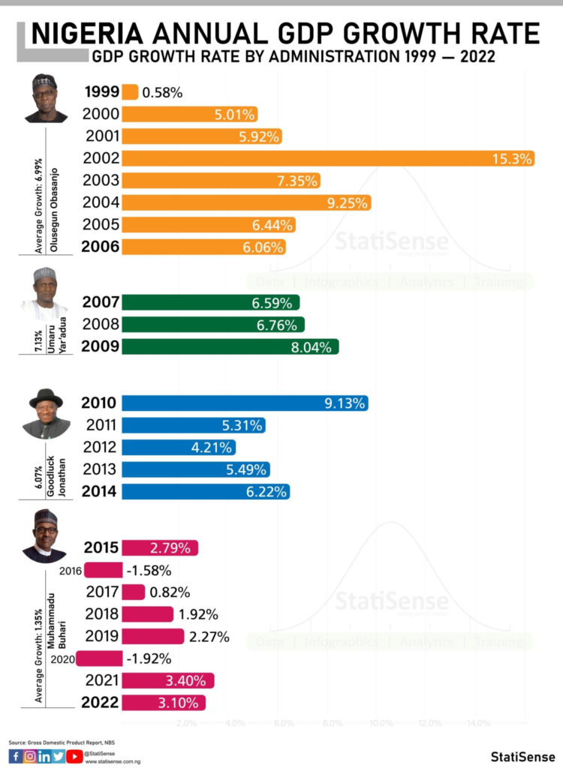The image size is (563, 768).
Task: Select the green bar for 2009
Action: pos(230,347)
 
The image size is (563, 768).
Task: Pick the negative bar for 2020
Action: pos(99,658)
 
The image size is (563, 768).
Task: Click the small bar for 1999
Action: pos(130,92)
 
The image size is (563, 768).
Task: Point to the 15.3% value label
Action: pos(513,158)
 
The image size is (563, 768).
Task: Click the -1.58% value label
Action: pos(149,570)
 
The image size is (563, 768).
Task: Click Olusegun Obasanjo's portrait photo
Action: pos(45,98)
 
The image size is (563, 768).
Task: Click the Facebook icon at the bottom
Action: pos(15,756)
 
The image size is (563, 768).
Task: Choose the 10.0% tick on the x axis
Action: pos(381,724)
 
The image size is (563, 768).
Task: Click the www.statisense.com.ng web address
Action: pos(113,761)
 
